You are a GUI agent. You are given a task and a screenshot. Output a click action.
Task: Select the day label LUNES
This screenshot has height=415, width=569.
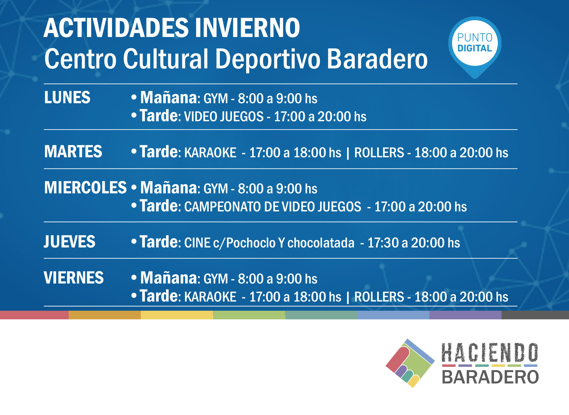(x=67, y=98)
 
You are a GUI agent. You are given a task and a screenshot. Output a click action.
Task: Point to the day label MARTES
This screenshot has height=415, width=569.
(x=73, y=152)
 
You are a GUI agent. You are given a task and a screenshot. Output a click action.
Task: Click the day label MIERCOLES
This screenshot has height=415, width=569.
(x=86, y=188)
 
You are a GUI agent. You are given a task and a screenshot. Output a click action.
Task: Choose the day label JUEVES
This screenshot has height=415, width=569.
(x=69, y=242)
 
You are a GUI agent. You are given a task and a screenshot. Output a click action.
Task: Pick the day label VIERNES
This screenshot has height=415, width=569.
(x=74, y=278)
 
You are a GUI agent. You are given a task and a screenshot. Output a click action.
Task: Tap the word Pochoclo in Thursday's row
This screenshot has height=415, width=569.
(x=251, y=243)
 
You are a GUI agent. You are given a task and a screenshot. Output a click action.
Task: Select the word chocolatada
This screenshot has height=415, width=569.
(x=321, y=243)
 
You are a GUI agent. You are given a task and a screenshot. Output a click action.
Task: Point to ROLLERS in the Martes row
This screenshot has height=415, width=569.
(x=379, y=153)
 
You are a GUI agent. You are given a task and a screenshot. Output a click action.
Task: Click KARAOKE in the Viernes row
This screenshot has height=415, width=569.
(x=210, y=297)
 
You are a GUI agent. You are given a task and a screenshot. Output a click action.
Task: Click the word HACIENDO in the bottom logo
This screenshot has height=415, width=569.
(x=490, y=353)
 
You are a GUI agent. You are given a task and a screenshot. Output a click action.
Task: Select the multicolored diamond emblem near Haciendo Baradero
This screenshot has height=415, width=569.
(x=410, y=363)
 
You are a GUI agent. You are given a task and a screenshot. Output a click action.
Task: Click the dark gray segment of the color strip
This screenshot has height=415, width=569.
(x=535, y=315)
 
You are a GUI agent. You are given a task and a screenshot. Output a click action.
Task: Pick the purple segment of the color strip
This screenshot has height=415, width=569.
(x=465, y=315)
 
